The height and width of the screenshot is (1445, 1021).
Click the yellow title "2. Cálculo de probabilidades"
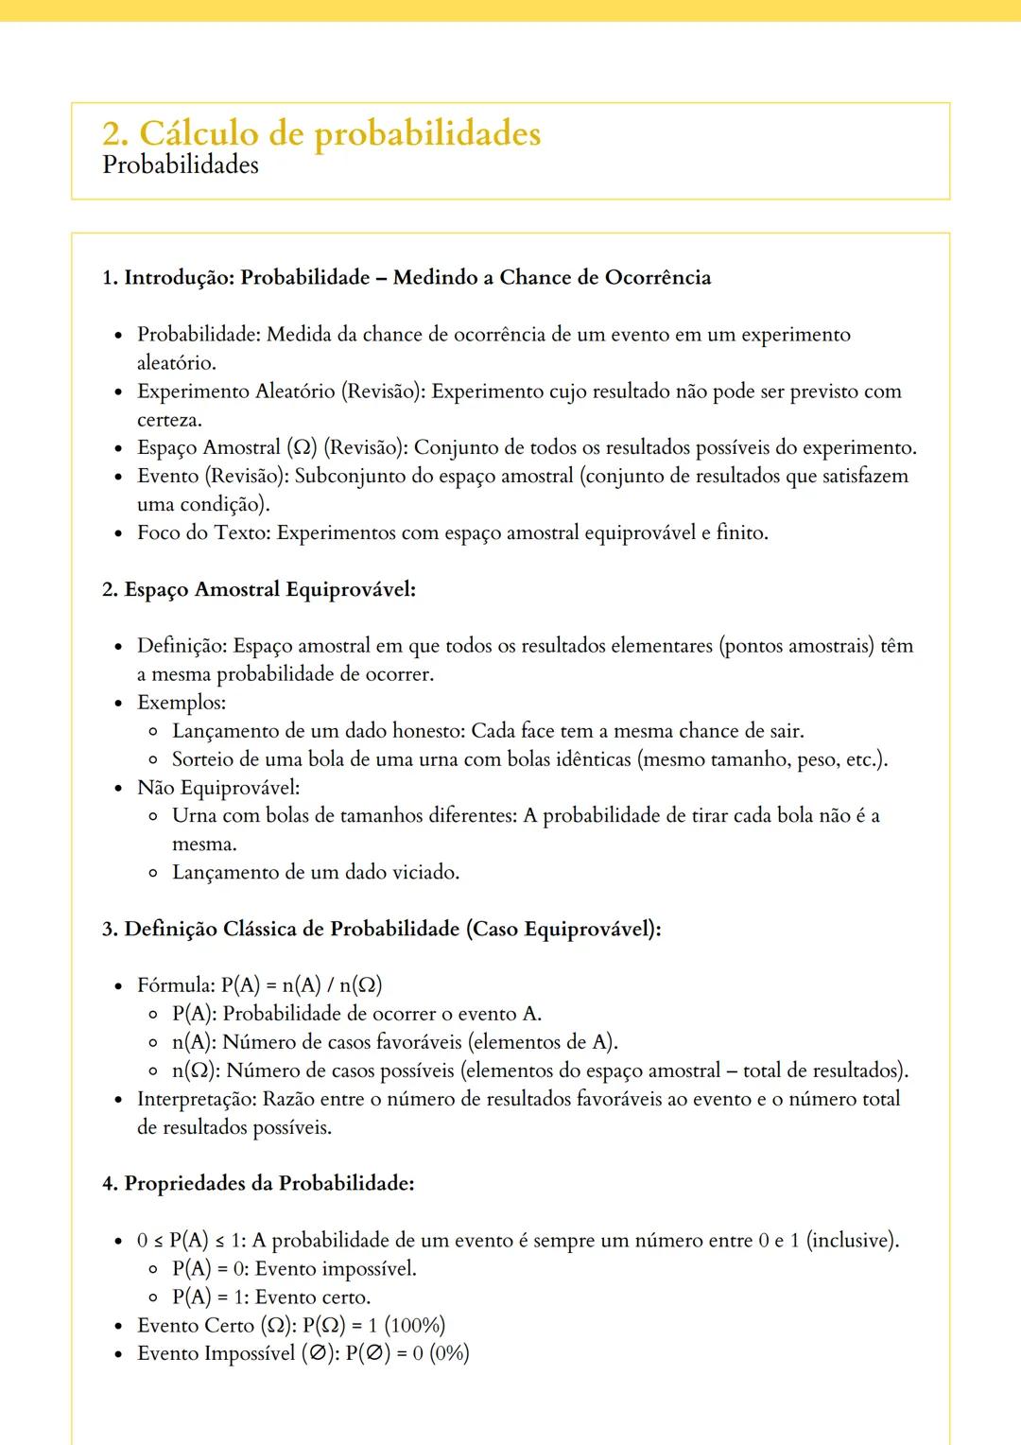[x=321, y=133]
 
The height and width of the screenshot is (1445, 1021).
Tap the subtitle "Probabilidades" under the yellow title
[x=181, y=165]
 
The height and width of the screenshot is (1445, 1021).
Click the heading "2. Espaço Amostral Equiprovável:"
[x=259, y=590]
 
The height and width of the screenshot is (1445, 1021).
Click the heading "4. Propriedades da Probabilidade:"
[x=258, y=1184]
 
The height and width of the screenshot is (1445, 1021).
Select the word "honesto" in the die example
[x=427, y=731]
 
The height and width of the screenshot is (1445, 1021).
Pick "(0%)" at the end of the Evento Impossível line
[x=449, y=1354]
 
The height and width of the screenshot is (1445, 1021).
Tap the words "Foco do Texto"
[x=203, y=533]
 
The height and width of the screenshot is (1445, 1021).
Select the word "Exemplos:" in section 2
[x=182, y=703]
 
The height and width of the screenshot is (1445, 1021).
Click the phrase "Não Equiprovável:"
[x=218, y=788]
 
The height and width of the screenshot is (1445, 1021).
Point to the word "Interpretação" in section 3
[x=196, y=1099]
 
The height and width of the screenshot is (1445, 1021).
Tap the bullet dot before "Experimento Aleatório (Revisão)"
[x=118, y=392]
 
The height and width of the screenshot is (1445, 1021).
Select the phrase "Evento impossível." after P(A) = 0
[x=336, y=1269]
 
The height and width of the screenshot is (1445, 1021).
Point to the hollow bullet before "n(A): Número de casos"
[x=153, y=1043]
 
